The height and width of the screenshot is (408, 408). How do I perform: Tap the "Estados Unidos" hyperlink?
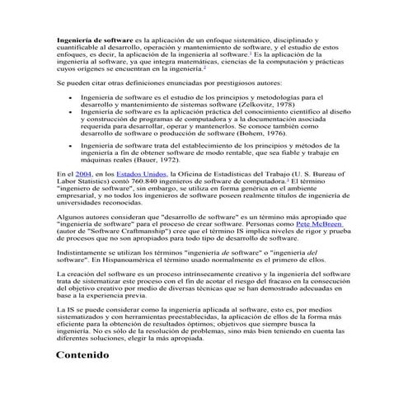point(142,176)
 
